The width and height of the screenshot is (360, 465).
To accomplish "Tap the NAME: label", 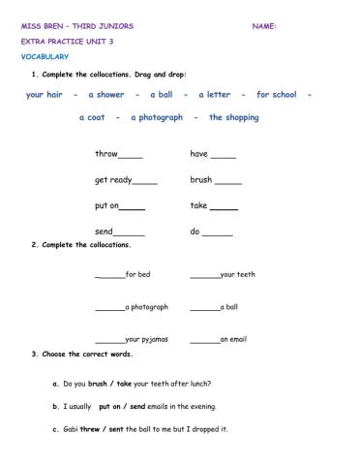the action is [264, 26].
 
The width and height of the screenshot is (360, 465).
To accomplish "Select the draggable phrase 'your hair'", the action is [45, 95].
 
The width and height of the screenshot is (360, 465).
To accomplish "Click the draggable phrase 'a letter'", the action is [214, 95].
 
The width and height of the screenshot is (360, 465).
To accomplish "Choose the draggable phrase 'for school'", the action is [277, 95].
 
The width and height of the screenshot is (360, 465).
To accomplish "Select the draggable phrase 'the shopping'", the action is [234, 117].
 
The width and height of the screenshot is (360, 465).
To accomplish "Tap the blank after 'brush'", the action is [228, 182].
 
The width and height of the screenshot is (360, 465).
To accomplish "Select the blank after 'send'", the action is [130, 233].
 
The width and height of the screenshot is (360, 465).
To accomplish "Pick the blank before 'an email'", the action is [204, 341].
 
